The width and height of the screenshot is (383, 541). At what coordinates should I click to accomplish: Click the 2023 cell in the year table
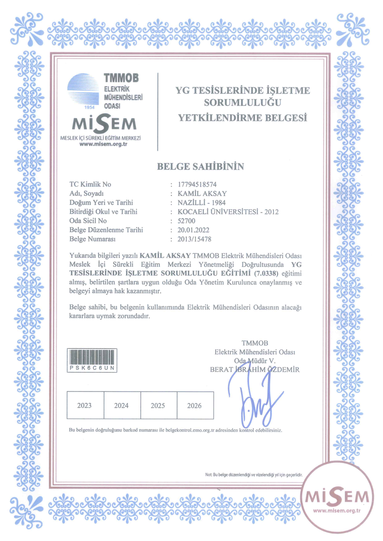(85, 405)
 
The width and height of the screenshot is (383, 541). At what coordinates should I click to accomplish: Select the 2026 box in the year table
(195, 405)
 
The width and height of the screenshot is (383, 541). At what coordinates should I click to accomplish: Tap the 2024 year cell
(121, 405)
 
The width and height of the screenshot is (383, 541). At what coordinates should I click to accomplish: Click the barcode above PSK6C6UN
(93, 358)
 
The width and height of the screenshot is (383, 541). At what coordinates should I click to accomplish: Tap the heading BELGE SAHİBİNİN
(201, 167)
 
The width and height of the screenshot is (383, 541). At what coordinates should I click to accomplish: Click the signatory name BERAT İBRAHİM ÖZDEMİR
(255, 369)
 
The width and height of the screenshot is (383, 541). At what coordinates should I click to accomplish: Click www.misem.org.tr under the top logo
(104, 144)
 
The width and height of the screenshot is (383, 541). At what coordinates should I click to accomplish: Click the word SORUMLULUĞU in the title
(243, 102)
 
